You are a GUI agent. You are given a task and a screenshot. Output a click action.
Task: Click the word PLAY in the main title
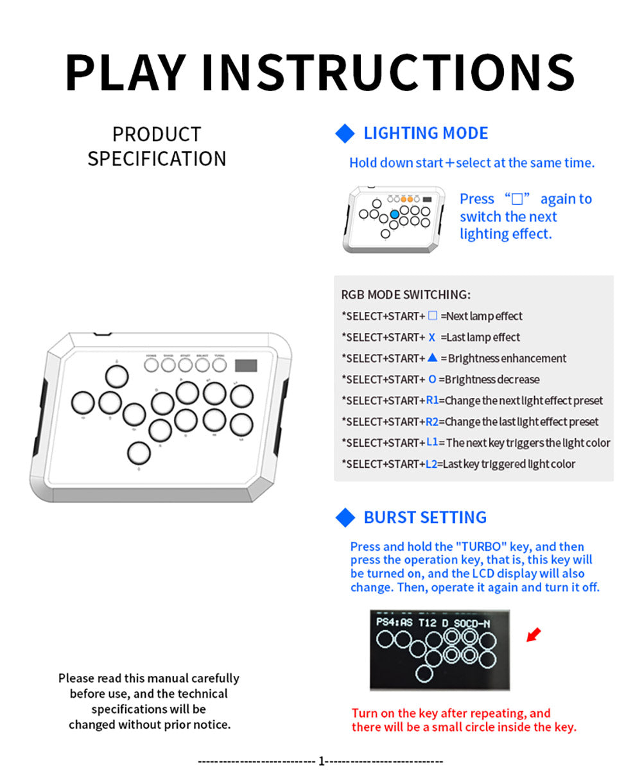click(125, 72)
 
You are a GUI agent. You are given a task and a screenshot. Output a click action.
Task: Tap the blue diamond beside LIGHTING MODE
click(345, 134)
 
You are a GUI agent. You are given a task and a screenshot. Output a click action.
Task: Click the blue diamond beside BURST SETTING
click(345, 517)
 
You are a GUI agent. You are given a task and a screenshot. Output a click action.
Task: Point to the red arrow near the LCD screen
click(534, 635)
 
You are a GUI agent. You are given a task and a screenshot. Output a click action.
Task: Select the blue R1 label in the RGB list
click(432, 401)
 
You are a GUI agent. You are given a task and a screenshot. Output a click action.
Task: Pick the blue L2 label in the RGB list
click(431, 464)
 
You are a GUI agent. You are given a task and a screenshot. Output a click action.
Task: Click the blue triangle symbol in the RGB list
click(432, 358)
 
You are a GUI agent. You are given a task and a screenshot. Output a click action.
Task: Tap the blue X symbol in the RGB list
click(432, 338)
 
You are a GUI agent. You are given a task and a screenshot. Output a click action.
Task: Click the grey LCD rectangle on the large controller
click(246, 366)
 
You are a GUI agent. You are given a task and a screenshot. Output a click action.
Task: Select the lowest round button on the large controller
click(139, 453)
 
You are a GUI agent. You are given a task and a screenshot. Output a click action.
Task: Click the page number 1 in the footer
click(322, 761)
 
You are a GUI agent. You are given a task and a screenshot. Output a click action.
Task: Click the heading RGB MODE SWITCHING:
click(406, 295)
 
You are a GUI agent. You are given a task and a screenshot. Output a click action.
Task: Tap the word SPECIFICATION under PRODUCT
click(157, 159)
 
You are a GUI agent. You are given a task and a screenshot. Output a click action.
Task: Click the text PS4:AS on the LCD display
click(394, 623)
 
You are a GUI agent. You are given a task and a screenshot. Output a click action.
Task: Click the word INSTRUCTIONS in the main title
click(388, 72)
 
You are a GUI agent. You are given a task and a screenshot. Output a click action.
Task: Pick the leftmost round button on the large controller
click(83, 402)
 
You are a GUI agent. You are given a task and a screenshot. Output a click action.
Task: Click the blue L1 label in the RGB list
click(431, 443)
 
